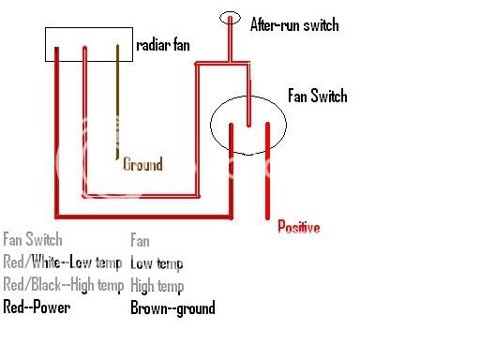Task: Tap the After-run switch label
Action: pos(293,24)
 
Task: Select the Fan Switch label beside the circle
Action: pos(317,97)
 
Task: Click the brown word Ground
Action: pos(142,165)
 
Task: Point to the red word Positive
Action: pos(298,228)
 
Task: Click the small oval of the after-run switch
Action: pos(230,17)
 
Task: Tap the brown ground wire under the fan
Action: pos(117,103)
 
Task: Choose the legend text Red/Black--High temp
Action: pos(63,286)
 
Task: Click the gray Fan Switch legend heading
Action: pos(33,240)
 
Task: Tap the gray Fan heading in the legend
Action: pos(140,240)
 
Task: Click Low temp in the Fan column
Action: pos(157,263)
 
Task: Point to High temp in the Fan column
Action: pos(157,286)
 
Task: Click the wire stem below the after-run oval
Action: pos(230,42)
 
